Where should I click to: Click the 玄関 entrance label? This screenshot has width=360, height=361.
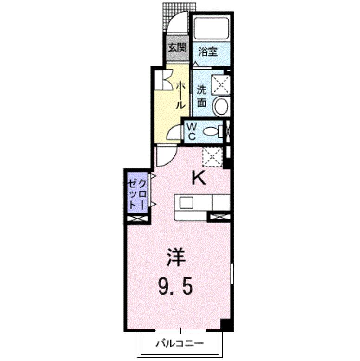177,48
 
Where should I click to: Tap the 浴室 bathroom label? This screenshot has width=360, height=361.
208,52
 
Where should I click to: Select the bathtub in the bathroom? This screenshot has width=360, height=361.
211,28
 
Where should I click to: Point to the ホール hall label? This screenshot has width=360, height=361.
180,95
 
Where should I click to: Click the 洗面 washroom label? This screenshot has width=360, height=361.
202,96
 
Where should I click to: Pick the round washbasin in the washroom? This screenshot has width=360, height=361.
221,107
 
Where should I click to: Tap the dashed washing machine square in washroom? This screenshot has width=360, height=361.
220,84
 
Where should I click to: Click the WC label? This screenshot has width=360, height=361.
192,132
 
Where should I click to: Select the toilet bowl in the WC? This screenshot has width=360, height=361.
211,131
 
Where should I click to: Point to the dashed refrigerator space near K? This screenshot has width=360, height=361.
212,157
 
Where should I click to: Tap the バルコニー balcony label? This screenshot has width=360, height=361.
180,344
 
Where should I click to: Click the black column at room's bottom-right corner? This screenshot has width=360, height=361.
226,325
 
